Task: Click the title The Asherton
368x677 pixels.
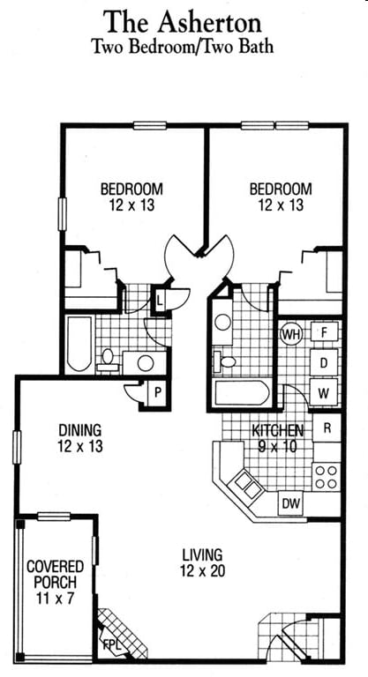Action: click(182, 22)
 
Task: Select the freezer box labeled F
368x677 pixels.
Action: click(324, 332)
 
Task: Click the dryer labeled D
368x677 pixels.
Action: click(324, 363)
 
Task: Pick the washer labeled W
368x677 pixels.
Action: click(324, 394)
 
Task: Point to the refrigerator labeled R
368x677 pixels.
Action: click(327, 428)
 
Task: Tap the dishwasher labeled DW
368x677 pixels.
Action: click(290, 503)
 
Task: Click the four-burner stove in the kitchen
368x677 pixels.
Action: click(326, 477)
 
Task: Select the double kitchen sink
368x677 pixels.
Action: click(247, 485)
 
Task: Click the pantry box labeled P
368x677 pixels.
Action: click(157, 393)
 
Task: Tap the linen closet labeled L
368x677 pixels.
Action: click(160, 299)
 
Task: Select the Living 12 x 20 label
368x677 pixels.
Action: click(202, 562)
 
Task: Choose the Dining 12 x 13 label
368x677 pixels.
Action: click(80, 438)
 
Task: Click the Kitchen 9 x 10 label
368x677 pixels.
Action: click(278, 438)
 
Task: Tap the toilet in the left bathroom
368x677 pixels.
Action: click(108, 361)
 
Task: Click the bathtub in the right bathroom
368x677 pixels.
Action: click(242, 392)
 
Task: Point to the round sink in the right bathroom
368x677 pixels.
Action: click(223, 322)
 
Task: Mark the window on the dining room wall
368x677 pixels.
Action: click(17, 447)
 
